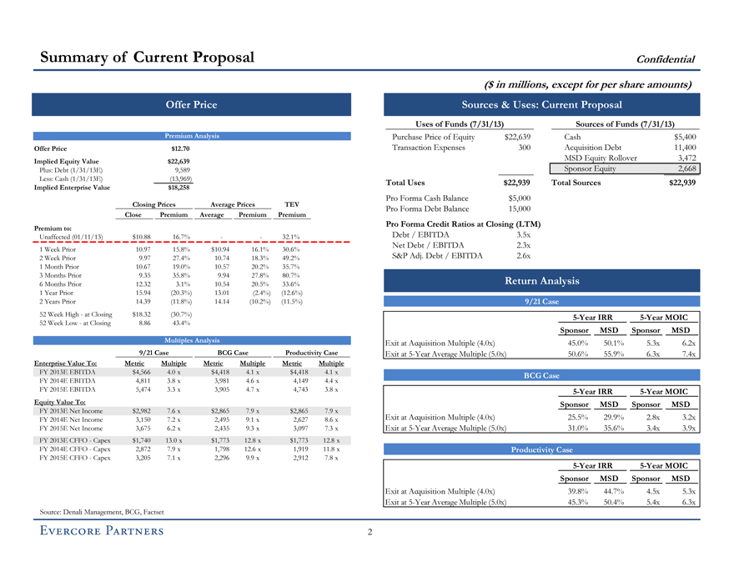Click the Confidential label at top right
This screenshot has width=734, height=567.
666,58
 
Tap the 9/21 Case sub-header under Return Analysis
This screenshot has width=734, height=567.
539,300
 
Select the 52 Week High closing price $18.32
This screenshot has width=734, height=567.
142,314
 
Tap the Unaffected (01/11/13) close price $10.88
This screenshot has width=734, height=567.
142,237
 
